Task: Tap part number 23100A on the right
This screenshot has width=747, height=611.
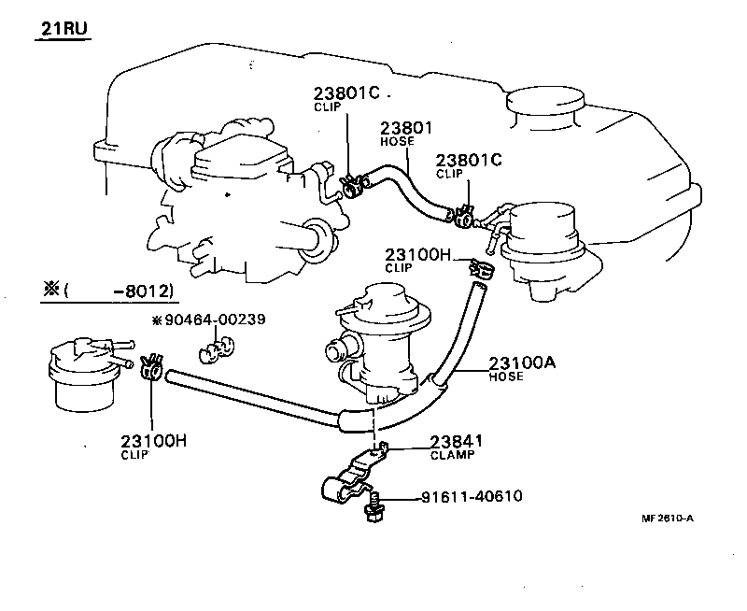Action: [x=523, y=363]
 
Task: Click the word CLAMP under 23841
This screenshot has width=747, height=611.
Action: [x=452, y=455]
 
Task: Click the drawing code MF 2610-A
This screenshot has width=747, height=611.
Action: [x=668, y=519]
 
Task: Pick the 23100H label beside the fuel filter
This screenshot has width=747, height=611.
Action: [x=153, y=441]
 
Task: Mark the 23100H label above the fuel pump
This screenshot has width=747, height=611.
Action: [x=417, y=253]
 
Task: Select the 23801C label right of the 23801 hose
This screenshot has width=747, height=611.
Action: [x=469, y=160]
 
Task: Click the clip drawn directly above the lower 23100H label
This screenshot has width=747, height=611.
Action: [x=152, y=369]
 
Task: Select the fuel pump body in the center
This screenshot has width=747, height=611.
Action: [x=378, y=341]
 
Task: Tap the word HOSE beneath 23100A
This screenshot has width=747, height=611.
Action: [x=507, y=377]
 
